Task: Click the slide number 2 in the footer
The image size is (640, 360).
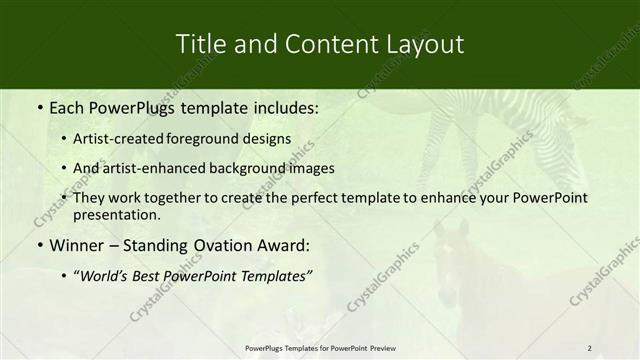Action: pyautogui.click(x=589, y=347)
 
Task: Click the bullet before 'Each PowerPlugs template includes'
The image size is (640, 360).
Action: pyautogui.click(x=39, y=105)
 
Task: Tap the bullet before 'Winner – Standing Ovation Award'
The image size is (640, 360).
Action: pyautogui.click(x=39, y=244)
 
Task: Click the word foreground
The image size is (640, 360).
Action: pyautogui.click(x=212, y=139)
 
